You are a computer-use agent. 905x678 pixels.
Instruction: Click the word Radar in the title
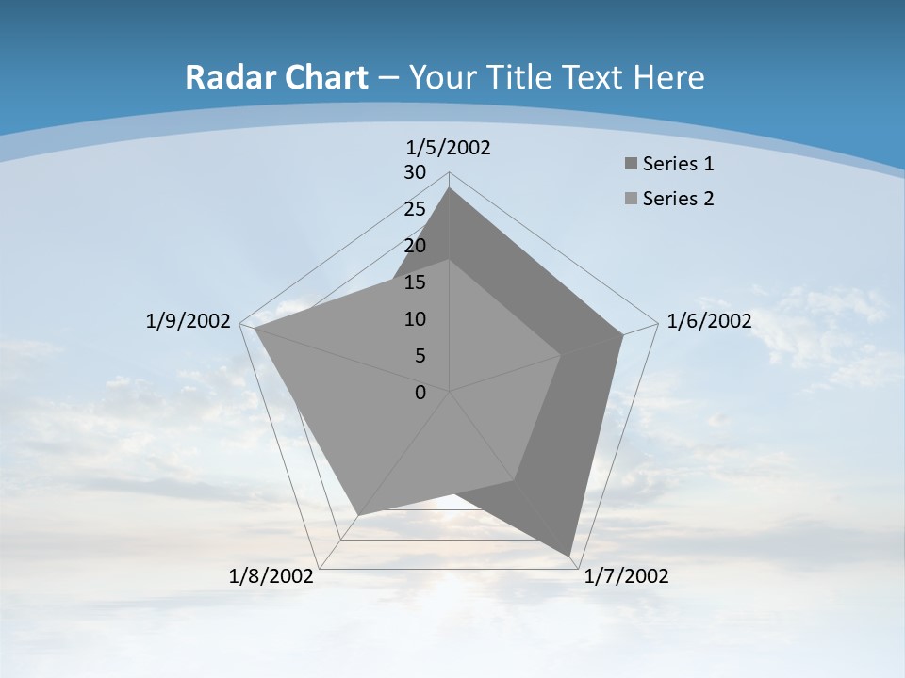[222, 77]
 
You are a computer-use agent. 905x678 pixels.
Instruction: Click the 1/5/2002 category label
[449, 148]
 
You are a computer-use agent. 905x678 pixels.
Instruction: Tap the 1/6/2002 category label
[709, 321]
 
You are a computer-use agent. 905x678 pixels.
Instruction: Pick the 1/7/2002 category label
[626, 576]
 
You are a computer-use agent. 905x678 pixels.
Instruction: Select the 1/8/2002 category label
[271, 576]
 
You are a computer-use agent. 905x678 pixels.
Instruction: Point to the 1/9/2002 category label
[189, 321]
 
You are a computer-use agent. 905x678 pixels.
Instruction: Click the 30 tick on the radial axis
[415, 172]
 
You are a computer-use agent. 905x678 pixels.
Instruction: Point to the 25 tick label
[415, 209]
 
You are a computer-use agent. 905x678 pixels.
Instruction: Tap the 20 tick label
[415, 246]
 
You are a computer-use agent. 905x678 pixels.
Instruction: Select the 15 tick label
[415, 282]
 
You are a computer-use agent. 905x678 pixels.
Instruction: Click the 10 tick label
[415, 319]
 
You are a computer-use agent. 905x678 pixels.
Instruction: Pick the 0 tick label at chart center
[420, 393]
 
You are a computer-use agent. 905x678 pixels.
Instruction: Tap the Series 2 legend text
[678, 199]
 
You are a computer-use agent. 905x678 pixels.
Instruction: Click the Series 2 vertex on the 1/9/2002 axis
[255, 328]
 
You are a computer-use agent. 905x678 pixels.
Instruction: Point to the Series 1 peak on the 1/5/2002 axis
[450, 187]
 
